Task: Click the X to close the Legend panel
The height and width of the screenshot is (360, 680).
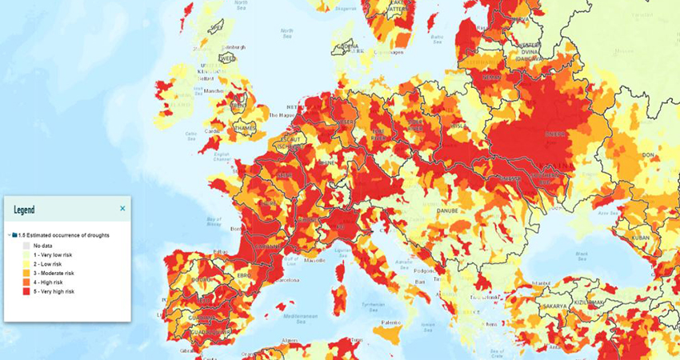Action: click(x=122, y=209)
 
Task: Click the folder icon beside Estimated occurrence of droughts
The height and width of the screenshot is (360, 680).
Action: click(x=14, y=235)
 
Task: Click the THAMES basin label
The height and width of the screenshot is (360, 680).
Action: click(x=245, y=126)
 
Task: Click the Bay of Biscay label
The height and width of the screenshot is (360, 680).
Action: click(x=212, y=222)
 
